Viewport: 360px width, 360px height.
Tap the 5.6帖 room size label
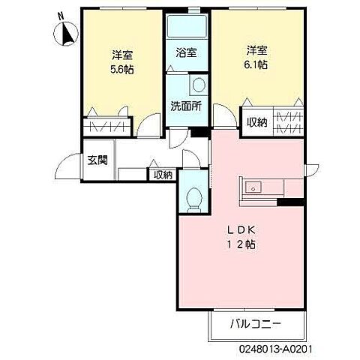click(122, 69)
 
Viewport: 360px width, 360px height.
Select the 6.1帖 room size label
click(256, 64)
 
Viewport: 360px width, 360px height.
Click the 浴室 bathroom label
click(187, 52)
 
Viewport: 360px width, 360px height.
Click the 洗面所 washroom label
click(187, 106)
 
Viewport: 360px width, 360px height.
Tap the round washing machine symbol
click(199, 85)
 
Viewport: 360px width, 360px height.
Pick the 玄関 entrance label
click(97, 160)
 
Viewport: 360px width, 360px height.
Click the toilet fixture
click(194, 199)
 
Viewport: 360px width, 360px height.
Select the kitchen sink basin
click(253, 187)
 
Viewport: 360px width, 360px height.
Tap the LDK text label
click(241, 230)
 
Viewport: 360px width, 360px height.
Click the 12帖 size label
click(241, 244)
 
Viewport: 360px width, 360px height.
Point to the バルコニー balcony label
click(256, 324)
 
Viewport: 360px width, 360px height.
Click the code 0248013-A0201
click(276, 349)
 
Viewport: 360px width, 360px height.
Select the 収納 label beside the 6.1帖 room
click(257, 122)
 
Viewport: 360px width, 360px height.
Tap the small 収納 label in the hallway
click(163, 175)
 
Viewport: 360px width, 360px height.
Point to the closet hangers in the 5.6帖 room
click(107, 127)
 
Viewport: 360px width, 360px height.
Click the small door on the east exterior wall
click(313, 170)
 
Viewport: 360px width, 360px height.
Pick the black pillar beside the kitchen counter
click(291, 202)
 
